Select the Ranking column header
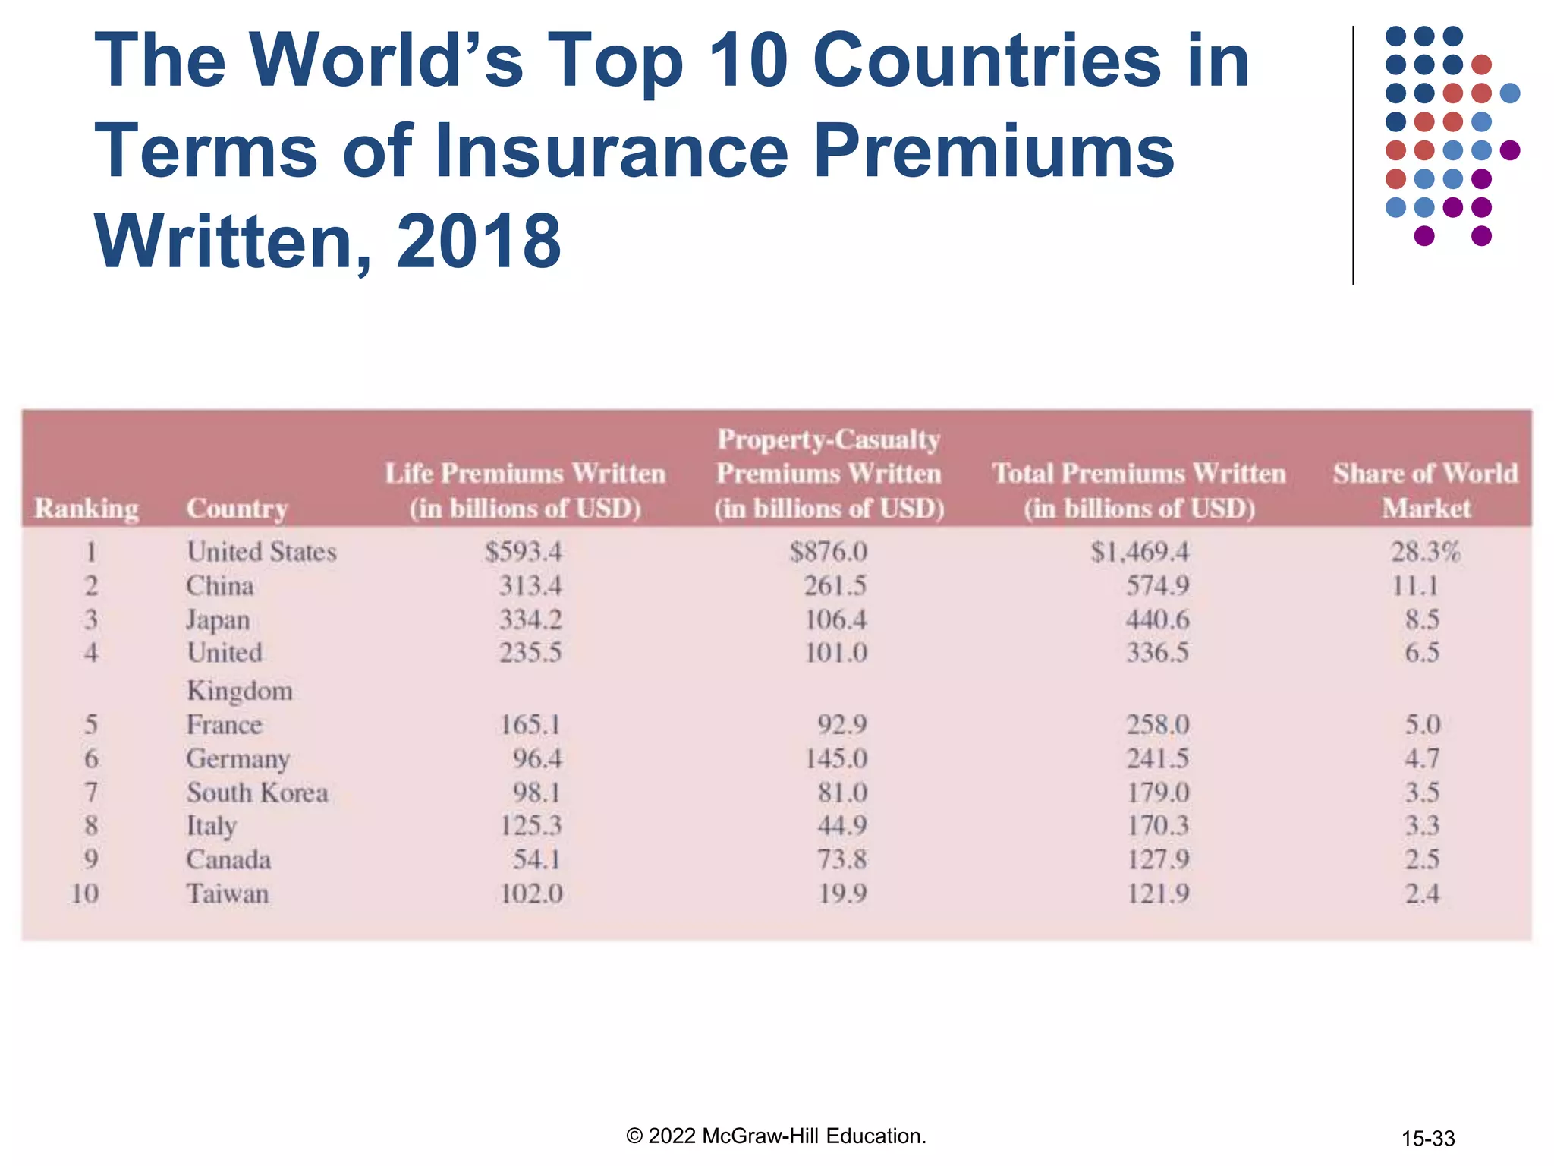87,509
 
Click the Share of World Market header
1426,490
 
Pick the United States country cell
262,552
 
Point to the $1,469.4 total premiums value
1140,552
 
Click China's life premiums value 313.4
530,586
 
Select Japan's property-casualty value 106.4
835,620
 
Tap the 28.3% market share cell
1425,552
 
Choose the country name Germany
238,759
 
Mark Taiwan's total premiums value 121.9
1157,893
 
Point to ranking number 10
85,893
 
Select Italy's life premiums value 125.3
530,826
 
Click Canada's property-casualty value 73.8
842,860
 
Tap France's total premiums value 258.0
1157,725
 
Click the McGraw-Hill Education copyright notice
775,1136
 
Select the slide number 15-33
1428,1139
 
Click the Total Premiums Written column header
1139,490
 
